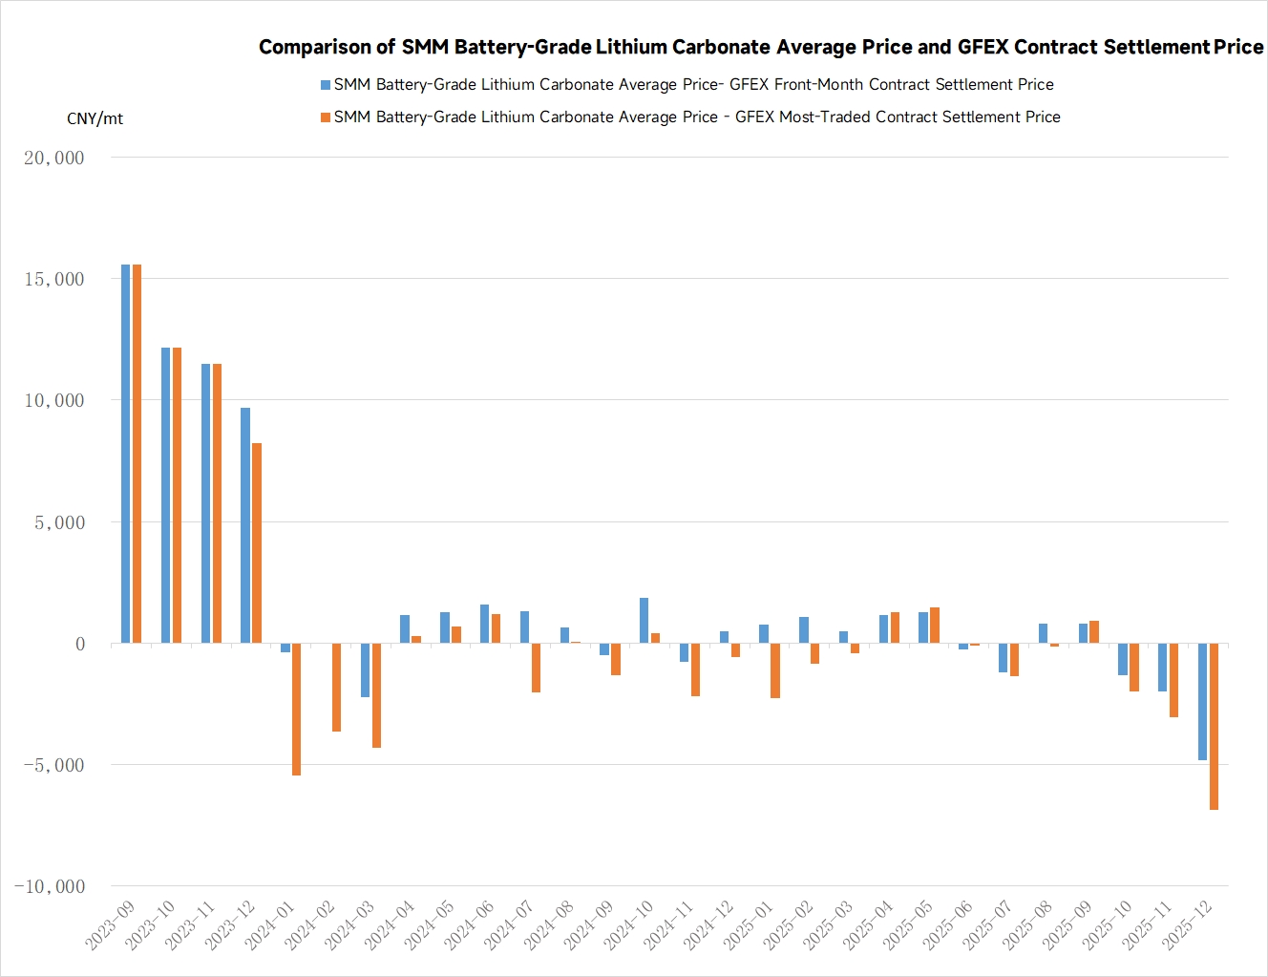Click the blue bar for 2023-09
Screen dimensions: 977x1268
(125, 454)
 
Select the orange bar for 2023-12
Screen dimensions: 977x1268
(257, 542)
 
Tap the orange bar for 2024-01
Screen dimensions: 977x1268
(297, 709)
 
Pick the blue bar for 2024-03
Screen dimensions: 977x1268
(365, 669)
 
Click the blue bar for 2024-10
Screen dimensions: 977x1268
(645, 621)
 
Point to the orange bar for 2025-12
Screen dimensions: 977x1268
(1214, 726)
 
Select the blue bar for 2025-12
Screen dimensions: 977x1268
(1202, 701)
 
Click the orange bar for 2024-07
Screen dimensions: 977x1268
(537, 668)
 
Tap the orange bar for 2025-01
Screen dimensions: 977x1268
(775, 670)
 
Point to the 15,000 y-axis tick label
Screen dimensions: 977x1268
(54, 279)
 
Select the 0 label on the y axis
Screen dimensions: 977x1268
(80, 644)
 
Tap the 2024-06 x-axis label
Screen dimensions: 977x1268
(469, 924)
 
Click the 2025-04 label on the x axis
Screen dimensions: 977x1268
(868, 924)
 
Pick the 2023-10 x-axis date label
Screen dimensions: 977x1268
(150, 924)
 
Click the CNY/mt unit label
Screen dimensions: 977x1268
(95, 118)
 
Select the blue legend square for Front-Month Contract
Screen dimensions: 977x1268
(326, 85)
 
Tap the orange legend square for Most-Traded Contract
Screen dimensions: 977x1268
(326, 117)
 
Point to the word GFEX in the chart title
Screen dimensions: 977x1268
(983, 47)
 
